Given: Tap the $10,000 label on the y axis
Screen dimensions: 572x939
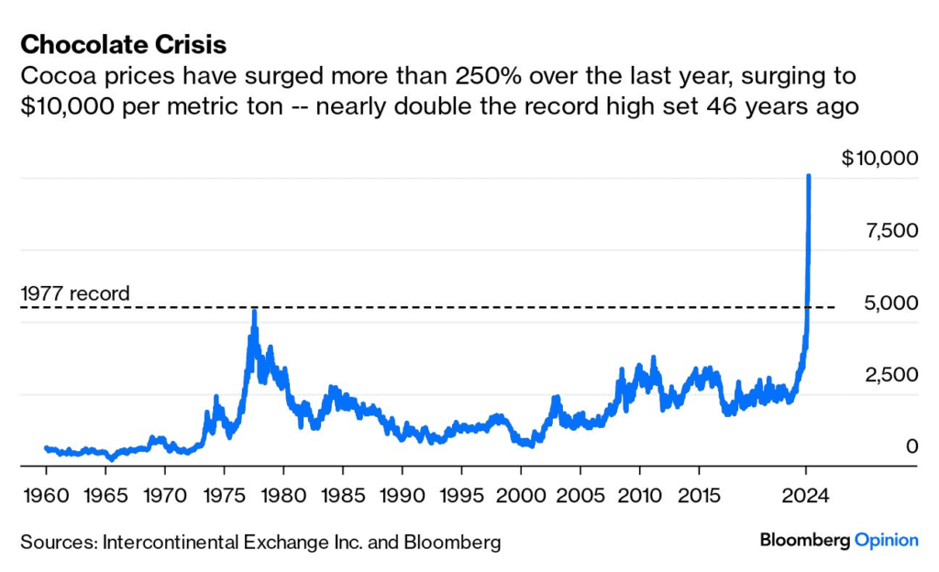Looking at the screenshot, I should tap(879, 158).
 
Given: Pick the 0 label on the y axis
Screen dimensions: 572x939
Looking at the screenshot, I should tap(911, 446).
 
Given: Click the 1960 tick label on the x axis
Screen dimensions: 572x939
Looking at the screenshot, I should tap(47, 495).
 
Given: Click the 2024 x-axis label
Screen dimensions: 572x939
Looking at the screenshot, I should tap(806, 495).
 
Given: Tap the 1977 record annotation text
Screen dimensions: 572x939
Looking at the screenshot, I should tap(75, 294).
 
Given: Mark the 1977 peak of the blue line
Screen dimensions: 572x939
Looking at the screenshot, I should tap(254, 312).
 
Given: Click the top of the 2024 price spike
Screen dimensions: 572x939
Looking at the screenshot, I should tap(808, 175).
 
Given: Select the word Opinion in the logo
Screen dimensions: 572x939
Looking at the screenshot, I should tap(886, 541).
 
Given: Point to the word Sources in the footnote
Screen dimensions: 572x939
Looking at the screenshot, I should tap(57, 542).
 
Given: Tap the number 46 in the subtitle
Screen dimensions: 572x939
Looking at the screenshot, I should tap(725, 106).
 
